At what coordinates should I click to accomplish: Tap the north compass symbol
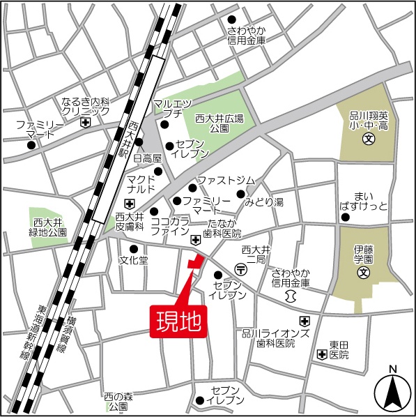392,392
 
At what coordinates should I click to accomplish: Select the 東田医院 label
339,349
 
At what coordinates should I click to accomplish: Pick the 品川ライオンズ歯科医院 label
275,338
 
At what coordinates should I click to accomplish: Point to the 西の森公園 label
118,401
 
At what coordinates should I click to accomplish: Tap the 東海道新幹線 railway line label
36,333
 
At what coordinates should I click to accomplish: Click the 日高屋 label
147,159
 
